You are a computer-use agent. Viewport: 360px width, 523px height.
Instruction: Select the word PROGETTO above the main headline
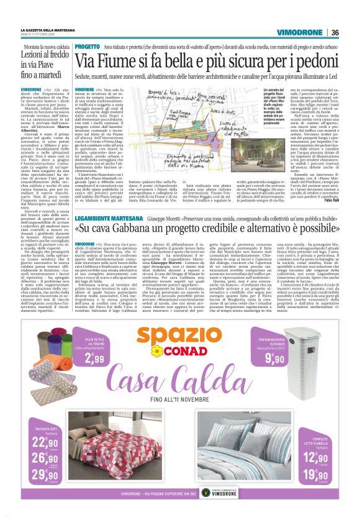tap(87, 47)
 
